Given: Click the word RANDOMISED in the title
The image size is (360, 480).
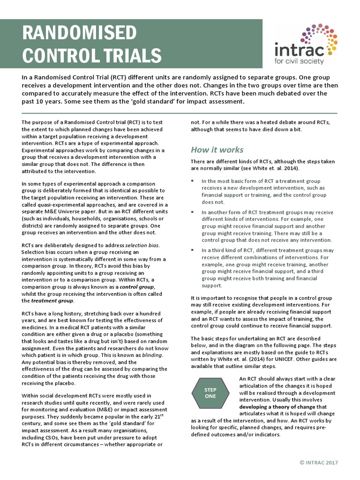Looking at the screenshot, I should tap(80, 34).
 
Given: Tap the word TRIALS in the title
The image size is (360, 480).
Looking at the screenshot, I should tap(132, 56).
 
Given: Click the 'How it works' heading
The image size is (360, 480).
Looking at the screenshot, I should tap(217, 150).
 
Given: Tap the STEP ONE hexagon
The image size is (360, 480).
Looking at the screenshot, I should tap(210, 393).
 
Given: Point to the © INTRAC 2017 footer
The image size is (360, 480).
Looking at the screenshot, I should tap(318, 462).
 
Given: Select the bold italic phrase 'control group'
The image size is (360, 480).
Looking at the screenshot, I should tap(136, 286).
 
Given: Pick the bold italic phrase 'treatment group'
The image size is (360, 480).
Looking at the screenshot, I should tap(47, 300).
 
